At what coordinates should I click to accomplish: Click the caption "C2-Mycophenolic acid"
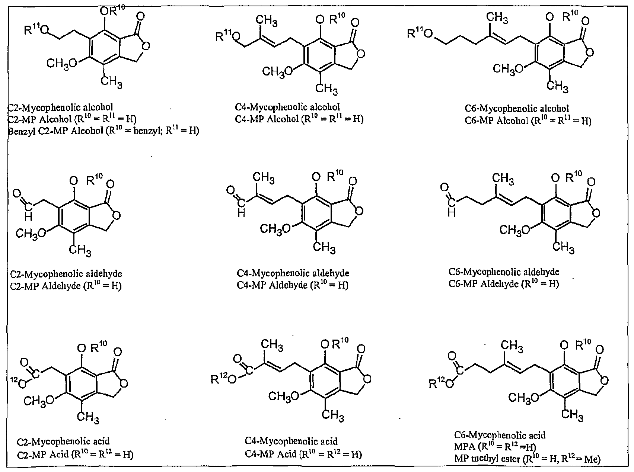[x=63, y=442]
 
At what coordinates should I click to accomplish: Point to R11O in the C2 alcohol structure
[x=36, y=30]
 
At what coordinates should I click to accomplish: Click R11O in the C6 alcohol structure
[x=420, y=33]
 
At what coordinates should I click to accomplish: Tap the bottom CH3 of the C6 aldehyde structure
[x=563, y=247]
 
